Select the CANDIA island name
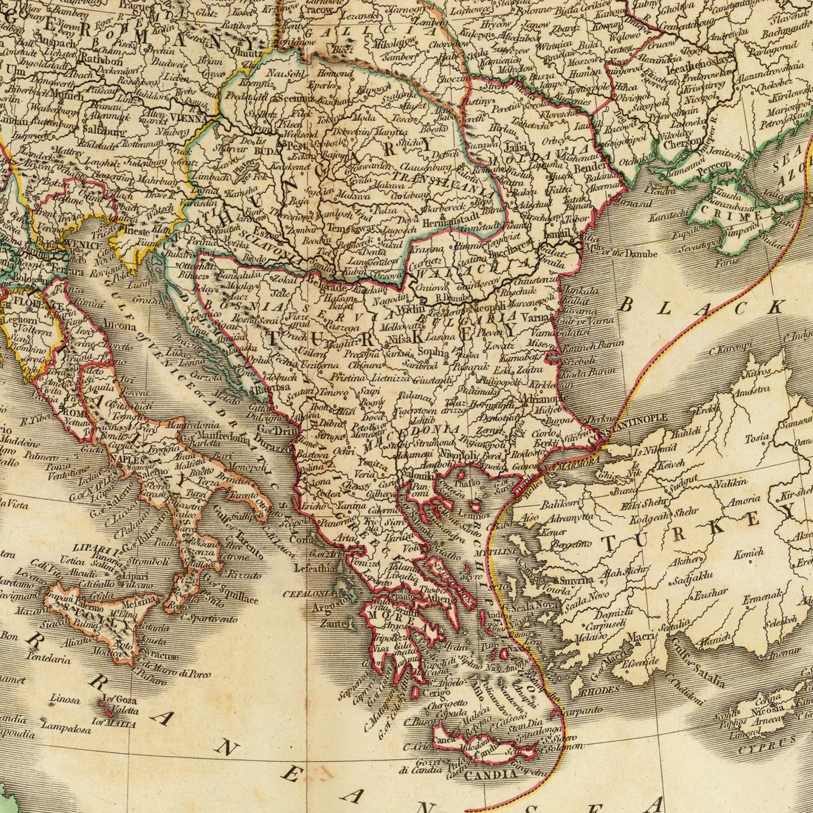pos(490,775)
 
